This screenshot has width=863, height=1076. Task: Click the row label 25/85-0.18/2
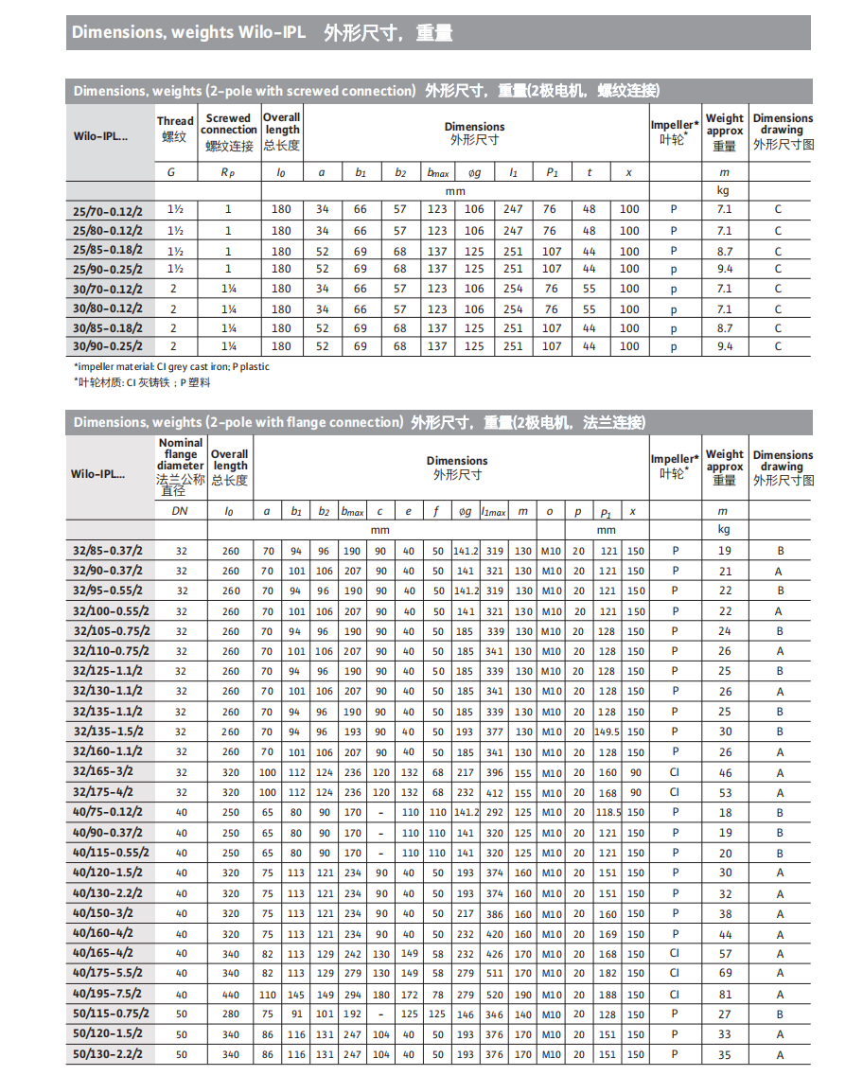[x=108, y=249]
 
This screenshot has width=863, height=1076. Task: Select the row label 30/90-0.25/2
[x=108, y=346]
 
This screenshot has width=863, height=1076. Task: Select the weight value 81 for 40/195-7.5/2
[x=725, y=995]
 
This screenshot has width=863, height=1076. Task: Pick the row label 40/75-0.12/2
[x=108, y=812]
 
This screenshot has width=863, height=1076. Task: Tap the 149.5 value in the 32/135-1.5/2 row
[x=607, y=732]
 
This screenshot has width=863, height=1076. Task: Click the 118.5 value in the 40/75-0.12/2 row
[x=607, y=812]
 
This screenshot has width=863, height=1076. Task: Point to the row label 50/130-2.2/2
[x=108, y=1053]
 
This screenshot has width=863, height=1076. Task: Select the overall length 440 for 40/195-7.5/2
[x=231, y=995]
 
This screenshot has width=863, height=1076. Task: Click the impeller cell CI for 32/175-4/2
[x=675, y=792]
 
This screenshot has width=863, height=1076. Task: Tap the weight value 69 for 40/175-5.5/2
[x=725, y=973]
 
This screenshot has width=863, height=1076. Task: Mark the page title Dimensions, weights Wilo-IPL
[x=189, y=32]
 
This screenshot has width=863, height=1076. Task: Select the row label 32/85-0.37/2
[x=108, y=550]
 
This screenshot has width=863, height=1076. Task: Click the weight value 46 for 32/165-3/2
[x=725, y=772]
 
